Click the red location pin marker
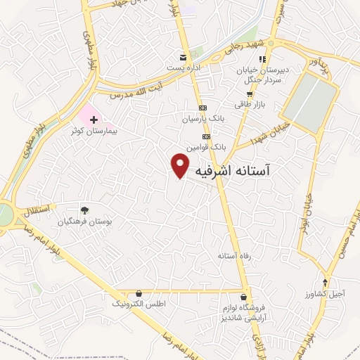181,165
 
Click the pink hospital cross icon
94,121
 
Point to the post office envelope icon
183,57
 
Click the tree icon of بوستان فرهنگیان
84,210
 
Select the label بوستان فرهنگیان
88,221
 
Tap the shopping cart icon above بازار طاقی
249,94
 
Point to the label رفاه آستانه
234,255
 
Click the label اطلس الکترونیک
138,304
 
